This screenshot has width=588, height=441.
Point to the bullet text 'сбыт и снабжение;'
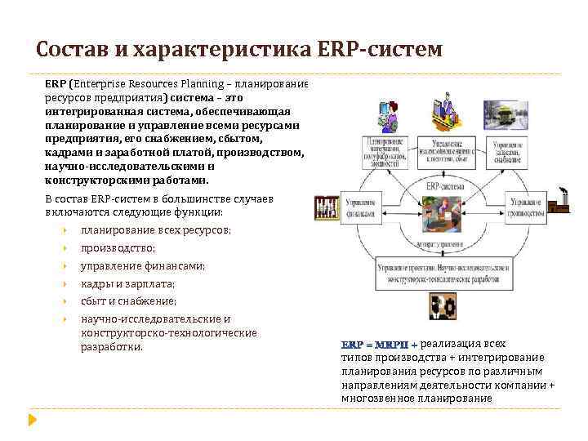pos(128,301)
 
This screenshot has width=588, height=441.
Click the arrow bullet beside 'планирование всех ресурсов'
pos(63,231)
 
